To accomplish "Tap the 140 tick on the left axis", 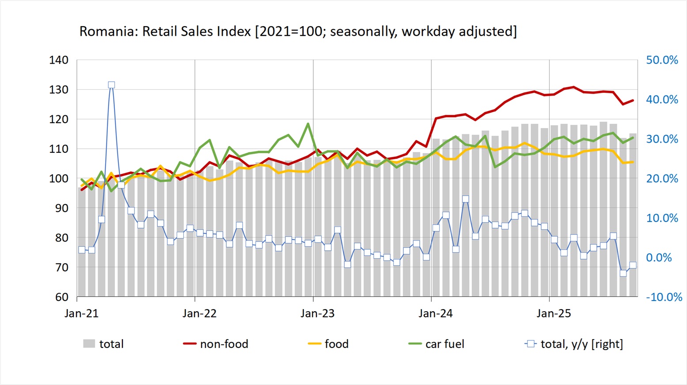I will (x=59, y=60).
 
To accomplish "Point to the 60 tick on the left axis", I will (x=61, y=297).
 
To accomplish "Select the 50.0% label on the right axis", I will (x=662, y=60).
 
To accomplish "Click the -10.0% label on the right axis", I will (x=664, y=297).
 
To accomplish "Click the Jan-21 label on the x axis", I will (x=81, y=313).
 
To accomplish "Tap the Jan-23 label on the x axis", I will (x=317, y=313).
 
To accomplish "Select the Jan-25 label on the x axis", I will (x=554, y=313).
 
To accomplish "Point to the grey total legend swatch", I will (x=89, y=343).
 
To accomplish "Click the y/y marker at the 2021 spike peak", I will (x=111, y=85).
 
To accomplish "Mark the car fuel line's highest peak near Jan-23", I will (x=308, y=124).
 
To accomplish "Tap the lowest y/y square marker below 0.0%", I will (x=623, y=273).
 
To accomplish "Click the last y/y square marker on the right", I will (x=633, y=265).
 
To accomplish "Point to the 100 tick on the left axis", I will (x=59, y=178).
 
